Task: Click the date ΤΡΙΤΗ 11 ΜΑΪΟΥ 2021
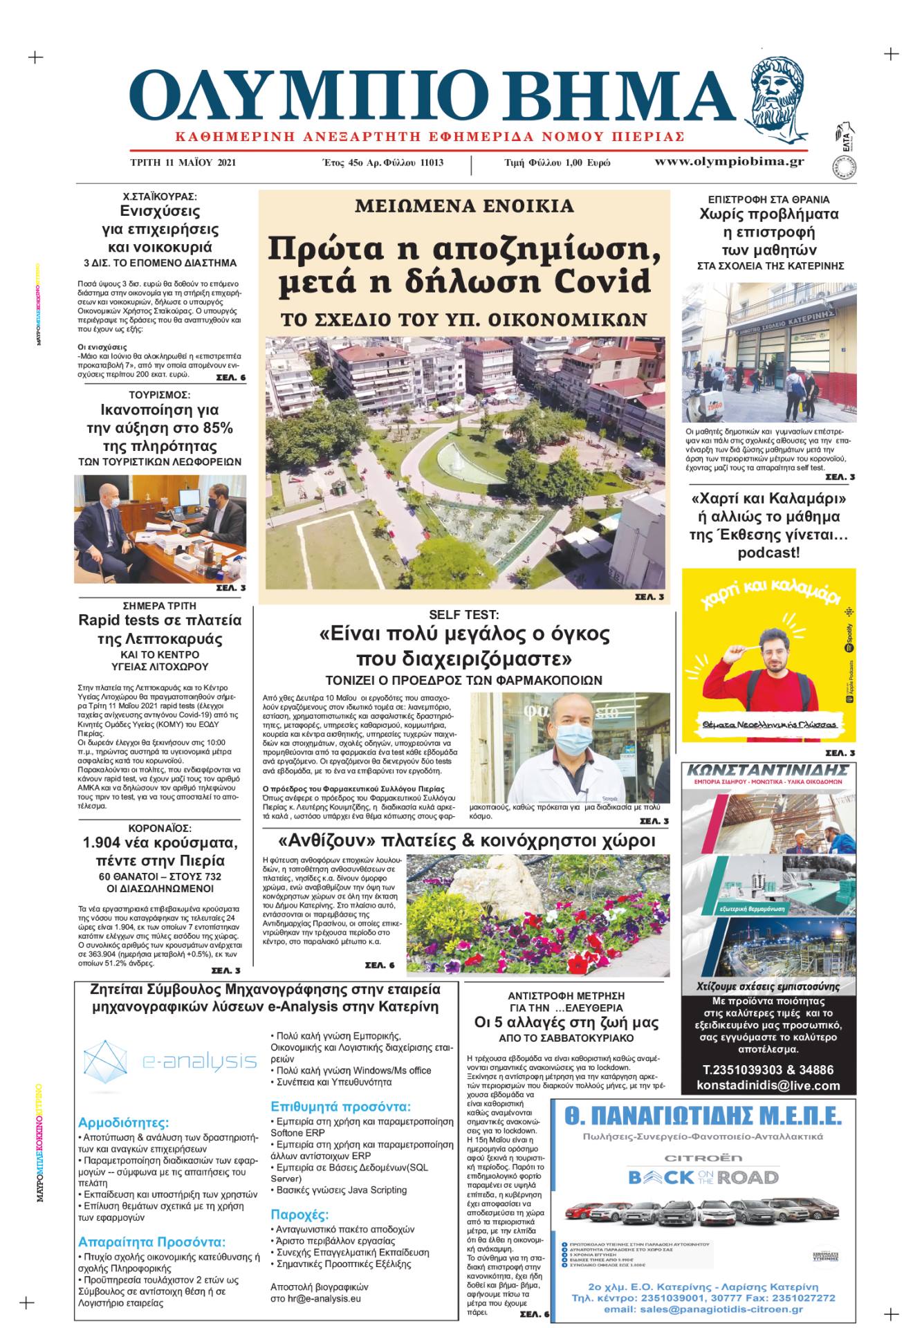(x=183, y=163)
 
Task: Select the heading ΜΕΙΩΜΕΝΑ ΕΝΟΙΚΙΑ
(x=464, y=205)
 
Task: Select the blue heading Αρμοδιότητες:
(x=123, y=1123)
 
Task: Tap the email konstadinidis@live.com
(x=768, y=1085)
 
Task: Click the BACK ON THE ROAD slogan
(x=703, y=1177)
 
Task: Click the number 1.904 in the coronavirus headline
(x=111, y=843)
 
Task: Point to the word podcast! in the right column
(x=768, y=553)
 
